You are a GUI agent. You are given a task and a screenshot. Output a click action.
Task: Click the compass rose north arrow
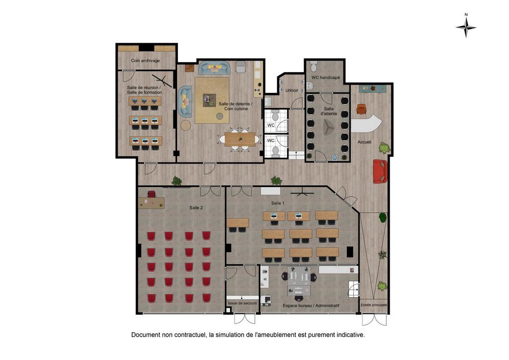(x=466, y=27)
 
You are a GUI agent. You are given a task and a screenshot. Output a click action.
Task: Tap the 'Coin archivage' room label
(x=146, y=61)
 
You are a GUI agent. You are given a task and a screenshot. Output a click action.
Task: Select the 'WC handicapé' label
(x=326, y=78)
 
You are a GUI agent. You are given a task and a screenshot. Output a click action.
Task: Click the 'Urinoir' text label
(x=292, y=90)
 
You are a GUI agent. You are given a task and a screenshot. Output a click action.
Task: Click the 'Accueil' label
(x=364, y=142)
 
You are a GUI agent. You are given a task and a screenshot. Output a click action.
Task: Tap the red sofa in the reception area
(x=380, y=171)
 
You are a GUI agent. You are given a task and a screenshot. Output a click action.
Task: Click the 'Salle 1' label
(x=278, y=203)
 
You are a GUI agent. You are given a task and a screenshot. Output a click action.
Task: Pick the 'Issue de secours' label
(x=243, y=303)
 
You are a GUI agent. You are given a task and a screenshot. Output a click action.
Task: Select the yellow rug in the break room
(x=212, y=100)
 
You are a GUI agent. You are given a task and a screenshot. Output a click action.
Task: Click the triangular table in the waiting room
(x=328, y=127)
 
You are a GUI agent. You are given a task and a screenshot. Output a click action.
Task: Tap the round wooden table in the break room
(x=186, y=125)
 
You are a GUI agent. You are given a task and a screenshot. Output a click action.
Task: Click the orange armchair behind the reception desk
(x=361, y=109)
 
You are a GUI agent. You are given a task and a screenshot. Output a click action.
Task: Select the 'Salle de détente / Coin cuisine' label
(x=235, y=106)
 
